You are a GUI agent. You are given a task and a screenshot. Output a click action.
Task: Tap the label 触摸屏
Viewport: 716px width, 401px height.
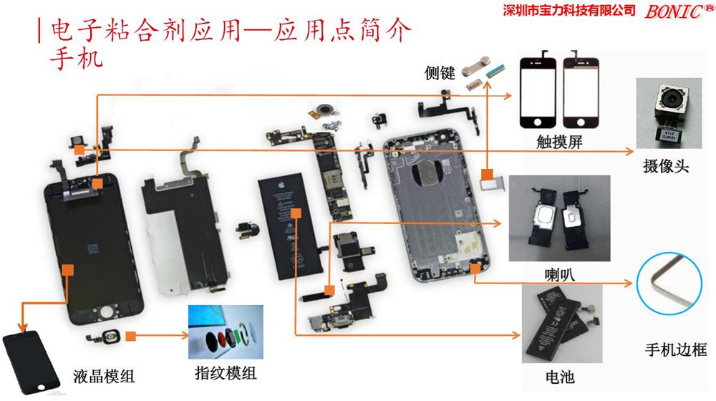(559, 142)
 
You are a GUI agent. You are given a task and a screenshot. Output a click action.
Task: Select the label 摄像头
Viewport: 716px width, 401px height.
(666, 166)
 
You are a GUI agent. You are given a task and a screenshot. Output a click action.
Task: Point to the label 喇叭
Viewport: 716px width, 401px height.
(559, 274)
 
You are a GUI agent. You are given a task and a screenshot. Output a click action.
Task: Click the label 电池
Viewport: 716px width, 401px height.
(560, 377)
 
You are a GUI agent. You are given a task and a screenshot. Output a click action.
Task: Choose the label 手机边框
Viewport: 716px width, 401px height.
(676, 350)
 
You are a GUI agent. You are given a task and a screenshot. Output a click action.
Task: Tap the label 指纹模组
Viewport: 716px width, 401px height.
(226, 373)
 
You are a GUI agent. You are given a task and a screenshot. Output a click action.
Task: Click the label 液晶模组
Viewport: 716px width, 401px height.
(104, 377)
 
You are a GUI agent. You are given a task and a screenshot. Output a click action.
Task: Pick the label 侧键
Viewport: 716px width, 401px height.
(440, 72)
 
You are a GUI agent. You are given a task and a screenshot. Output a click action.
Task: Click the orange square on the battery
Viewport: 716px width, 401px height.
(296, 213)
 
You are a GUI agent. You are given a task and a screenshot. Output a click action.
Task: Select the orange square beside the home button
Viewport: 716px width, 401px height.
(130, 336)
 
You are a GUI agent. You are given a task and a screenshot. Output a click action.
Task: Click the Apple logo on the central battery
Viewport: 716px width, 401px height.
(281, 185)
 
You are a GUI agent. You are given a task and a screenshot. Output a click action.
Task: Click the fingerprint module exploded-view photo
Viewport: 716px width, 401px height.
(226, 332)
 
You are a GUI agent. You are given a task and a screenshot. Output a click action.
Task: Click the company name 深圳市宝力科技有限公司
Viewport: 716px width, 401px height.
(569, 10)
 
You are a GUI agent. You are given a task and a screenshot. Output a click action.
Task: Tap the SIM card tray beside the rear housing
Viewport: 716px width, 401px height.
(493, 183)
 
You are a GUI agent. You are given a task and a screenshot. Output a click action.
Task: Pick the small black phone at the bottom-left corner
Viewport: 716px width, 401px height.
(32, 362)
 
